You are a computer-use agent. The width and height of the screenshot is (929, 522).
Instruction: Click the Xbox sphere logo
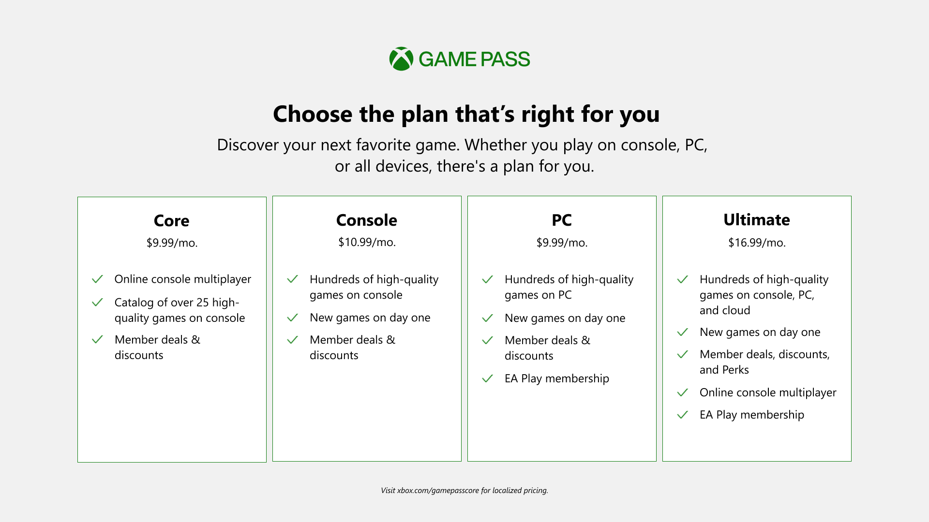coord(401,59)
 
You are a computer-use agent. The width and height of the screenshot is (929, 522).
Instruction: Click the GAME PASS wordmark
coord(474,59)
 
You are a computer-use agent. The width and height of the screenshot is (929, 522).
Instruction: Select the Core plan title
coord(172,221)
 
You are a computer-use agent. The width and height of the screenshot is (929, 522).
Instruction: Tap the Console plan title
coord(367,220)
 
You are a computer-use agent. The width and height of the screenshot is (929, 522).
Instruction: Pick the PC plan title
coord(562,220)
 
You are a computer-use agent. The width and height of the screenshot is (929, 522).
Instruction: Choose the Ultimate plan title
coord(757,220)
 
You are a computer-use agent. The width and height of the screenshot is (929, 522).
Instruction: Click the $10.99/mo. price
coord(367,242)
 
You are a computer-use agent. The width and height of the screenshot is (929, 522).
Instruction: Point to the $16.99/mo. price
coord(757,243)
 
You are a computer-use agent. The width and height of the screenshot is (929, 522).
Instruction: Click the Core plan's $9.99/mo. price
coord(172,243)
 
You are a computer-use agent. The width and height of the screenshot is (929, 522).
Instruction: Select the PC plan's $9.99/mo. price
coord(562,243)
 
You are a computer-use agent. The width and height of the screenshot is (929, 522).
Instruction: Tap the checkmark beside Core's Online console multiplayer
coord(97,279)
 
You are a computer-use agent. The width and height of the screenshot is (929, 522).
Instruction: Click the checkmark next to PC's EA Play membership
coord(487,378)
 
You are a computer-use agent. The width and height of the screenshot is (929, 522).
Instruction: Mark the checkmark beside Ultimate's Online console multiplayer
coord(682,392)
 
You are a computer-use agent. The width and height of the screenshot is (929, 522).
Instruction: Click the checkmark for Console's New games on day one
coord(292,318)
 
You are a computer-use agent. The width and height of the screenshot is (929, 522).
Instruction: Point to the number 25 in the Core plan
coord(203,303)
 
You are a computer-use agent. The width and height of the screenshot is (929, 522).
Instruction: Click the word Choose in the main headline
coord(313,115)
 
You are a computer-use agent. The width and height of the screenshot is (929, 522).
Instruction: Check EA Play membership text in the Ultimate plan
coord(752,415)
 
